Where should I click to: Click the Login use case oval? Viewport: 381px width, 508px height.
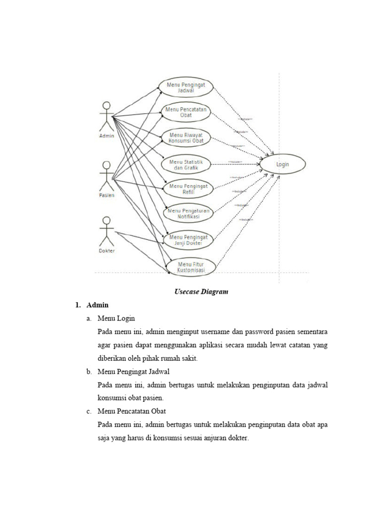pyautogui.click(x=282, y=165)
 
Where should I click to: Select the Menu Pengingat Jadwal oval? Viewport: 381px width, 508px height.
pyautogui.click(x=187, y=88)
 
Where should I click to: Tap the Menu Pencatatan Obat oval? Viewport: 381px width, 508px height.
pyautogui.click(x=187, y=112)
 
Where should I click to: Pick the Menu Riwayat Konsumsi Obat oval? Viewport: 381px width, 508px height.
pyautogui.click(x=187, y=137)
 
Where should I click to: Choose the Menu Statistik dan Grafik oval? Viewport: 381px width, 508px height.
pyautogui.click(x=187, y=165)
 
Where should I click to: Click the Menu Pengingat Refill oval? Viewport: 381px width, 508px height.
pyautogui.click(x=189, y=189)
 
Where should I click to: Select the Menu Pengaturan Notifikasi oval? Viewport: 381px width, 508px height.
pyautogui.click(x=189, y=214)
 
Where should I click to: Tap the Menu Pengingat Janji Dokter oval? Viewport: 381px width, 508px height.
pyautogui.click(x=189, y=240)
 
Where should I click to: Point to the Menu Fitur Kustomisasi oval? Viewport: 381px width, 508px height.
pyautogui.click(x=191, y=266)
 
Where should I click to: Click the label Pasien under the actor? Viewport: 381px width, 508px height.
pyautogui.click(x=106, y=195)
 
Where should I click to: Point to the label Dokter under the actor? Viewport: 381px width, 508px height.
pyautogui.click(x=106, y=251)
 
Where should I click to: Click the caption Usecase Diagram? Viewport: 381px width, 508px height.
pyautogui.click(x=201, y=292)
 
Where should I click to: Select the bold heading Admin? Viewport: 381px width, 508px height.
pyautogui.click(x=97, y=305)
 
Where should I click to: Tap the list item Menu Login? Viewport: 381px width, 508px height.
pyautogui.click(x=116, y=318)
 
